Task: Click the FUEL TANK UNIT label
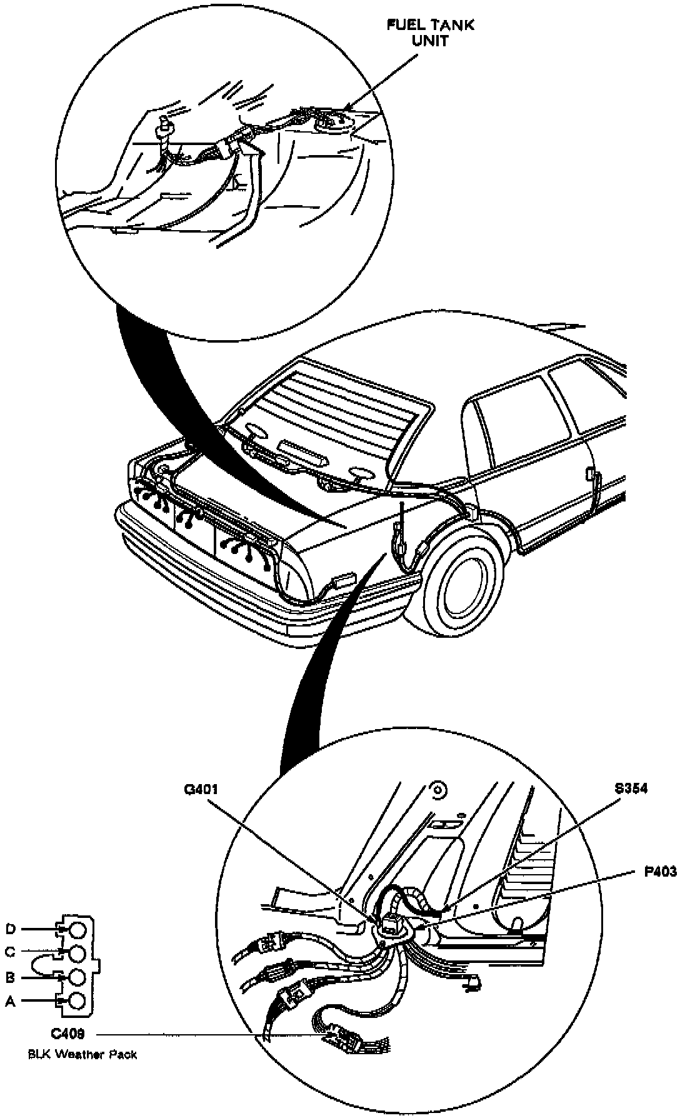pos(431,33)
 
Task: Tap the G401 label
pos(202,789)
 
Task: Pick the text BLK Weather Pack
pos(82,1054)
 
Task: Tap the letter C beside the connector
pos(10,952)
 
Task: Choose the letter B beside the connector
pos(10,977)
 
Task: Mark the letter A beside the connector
pos(10,1000)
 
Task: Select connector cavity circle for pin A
pos(77,1000)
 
